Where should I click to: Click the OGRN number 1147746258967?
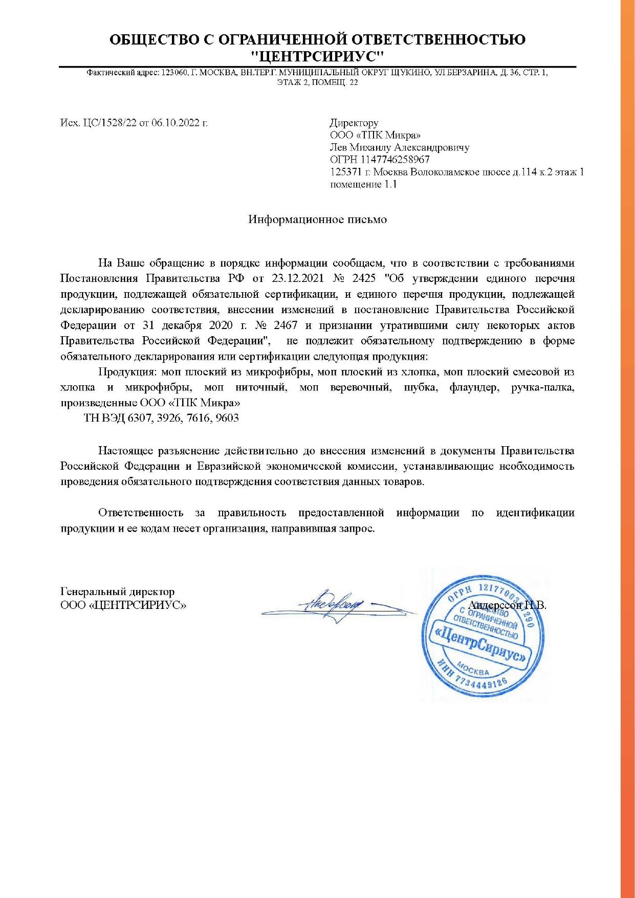pyautogui.click(x=395, y=160)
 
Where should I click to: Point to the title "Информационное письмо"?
pyautogui.click(x=317, y=220)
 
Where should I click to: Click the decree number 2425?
pyautogui.click(x=364, y=279)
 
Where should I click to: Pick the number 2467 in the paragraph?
pyautogui.click(x=286, y=325)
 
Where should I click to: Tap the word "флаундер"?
pyautogui.click(x=474, y=387)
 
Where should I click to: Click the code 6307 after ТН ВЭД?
pyautogui.click(x=140, y=418)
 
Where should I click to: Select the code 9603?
pyautogui.click(x=227, y=418)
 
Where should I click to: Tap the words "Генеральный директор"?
pyautogui.click(x=117, y=592)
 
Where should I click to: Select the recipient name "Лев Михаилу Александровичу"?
pyautogui.click(x=400, y=147)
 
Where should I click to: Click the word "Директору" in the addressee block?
pyautogui.click(x=354, y=123)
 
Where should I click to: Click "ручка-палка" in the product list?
pyautogui.click(x=542, y=387)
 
